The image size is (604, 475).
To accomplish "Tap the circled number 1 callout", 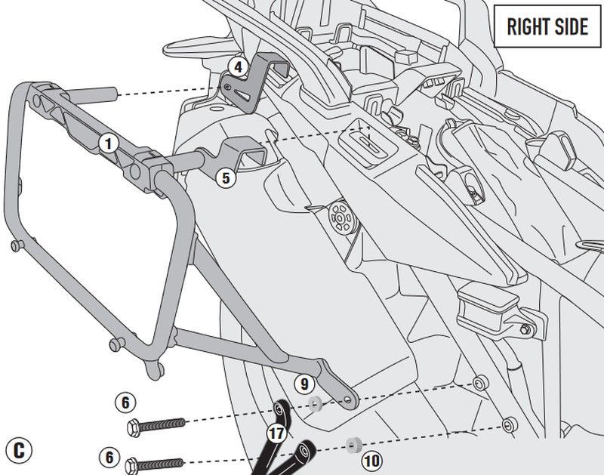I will click(109, 142).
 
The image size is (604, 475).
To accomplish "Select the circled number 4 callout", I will click(238, 67).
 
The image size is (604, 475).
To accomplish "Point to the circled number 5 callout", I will click(223, 178).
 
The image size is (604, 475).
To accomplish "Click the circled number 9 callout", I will click(302, 383).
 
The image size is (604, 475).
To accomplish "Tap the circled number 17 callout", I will click(277, 434).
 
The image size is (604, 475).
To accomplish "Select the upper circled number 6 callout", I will click(125, 402).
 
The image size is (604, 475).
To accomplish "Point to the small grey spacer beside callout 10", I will click(350, 443).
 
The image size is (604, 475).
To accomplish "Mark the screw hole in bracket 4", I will click(227, 88).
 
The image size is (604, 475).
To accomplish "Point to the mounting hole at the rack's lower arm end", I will click(348, 399).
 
